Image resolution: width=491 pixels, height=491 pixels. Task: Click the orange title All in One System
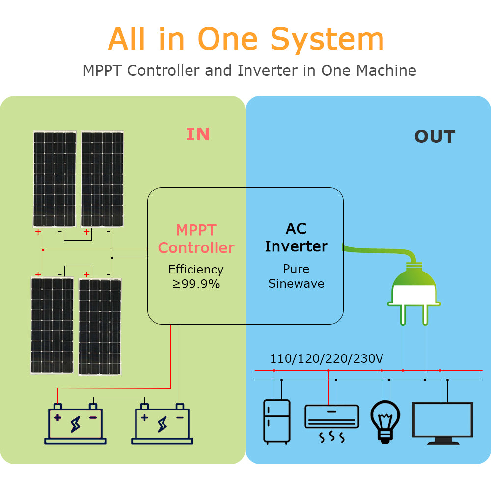point(245,39)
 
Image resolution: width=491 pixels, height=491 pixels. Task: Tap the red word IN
point(198,135)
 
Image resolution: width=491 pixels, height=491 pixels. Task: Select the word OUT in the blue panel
point(435,137)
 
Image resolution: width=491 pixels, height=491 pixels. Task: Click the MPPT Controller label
point(196,239)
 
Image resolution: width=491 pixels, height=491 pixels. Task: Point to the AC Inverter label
point(296,238)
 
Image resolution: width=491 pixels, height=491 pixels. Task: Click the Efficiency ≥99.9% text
point(196,276)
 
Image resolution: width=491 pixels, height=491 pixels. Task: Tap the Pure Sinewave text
point(296,276)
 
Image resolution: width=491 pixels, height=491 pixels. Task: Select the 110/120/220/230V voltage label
point(327,359)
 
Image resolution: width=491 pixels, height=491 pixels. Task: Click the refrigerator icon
point(276,422)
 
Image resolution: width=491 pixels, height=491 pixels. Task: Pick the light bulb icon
point(385,420)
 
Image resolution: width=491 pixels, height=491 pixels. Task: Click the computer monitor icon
point(443,423)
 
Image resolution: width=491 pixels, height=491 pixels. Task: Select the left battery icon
point(75,424)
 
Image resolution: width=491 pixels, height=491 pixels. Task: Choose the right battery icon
point(162,424)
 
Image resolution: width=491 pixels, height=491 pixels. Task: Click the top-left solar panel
point(55,179)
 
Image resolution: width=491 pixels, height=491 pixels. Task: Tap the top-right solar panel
point(102,179)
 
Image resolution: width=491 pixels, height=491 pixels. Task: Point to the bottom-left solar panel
point(52,326)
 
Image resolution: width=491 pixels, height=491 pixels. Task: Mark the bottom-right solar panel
point(100,327)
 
